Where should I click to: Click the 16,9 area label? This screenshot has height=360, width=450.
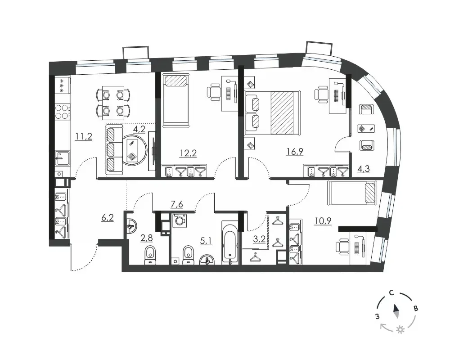295,151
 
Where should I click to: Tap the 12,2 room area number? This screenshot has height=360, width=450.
188,153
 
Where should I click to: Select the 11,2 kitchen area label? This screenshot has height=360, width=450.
84,136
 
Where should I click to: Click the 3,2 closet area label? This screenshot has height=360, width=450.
259,239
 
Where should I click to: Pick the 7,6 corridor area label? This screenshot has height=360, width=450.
177,204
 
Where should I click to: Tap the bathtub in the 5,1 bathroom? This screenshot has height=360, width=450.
230,242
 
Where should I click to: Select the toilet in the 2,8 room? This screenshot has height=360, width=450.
150,254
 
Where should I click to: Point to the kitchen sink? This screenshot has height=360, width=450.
62,158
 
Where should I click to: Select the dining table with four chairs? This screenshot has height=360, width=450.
113,103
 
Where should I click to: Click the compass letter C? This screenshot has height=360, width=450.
391,293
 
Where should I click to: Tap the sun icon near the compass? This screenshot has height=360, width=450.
400,330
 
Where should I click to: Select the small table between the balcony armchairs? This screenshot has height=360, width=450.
366,128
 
